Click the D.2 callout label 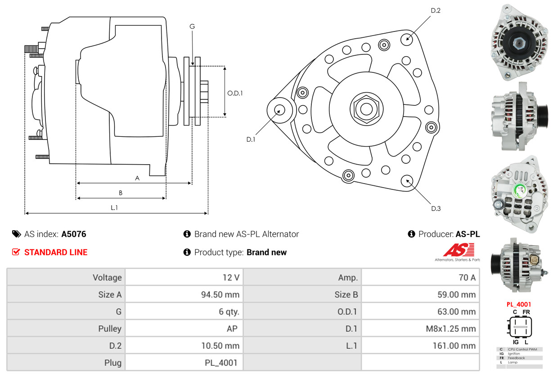click(x=435, y=10)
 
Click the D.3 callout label click(x=436, y=208)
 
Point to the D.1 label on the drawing click(x=251, y=139)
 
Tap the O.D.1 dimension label click(x=235, y=93)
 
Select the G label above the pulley click(x=192, y=27)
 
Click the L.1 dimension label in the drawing click(x=114, y=207)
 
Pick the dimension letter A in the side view click(x=137, y=178)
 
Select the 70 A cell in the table click(x=467, y=278)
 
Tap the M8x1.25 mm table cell click(x=450, y=329)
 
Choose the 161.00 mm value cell click(x=454, y=346)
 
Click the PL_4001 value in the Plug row click(x=221, y=363)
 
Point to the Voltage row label click(x=107, y=278)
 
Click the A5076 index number click(x=74, y=234)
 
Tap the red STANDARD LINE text click(x=56, y=252)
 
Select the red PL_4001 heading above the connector click(x=518, y=305)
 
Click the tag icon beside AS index click(x=16, y=234)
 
